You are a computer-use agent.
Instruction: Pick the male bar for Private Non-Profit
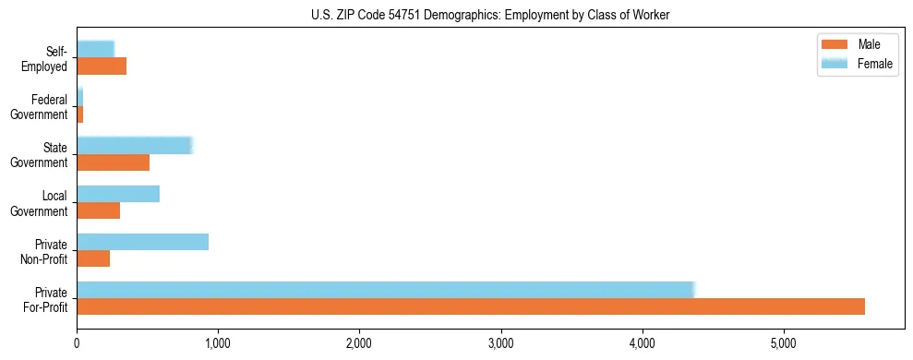[x=93, y=258]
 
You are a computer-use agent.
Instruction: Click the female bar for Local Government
[x=118, y=194]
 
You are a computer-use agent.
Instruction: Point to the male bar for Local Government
[x=98, y=210]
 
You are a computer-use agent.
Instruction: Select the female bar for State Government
[x=134, y=146]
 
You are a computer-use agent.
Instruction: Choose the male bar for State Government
[x=113, y=162]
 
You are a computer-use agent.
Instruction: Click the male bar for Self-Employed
[x=102, y=66]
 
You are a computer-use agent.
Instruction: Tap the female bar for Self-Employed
[x=95, y=49]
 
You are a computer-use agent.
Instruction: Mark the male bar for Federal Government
[x=80, y=114]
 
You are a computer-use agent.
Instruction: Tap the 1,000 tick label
[x=218, y=343]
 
